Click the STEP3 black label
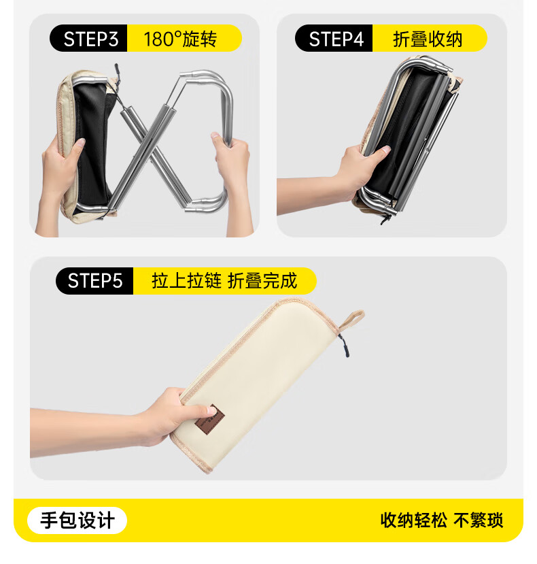coord(88,38)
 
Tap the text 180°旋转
coord(180,39)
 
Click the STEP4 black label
coord(334,38)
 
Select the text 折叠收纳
coord(428,39)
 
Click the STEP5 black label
coord(94,281)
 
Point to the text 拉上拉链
coord(186,281)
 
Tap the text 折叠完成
coord(262,281)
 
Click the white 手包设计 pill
coord(77,520)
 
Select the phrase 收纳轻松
coord(414,520)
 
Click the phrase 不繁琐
coord(478,520)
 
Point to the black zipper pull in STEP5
coord(344,346)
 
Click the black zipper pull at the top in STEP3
coord(117,73)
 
